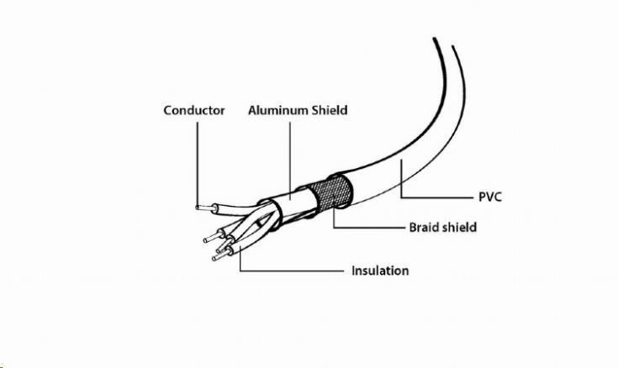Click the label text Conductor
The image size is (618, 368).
(194, 110)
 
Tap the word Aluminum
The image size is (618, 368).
(278, 110)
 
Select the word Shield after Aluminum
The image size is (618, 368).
(330, 110)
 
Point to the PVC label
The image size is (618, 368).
(490, 197)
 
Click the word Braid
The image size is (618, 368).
(422, 228)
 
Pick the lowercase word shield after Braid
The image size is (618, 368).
(458, 228)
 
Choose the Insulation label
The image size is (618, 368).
(380, 271)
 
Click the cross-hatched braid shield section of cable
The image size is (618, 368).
(330, 192)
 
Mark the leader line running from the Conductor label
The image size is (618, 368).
(197, 165)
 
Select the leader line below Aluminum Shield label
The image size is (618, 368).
(290, 160)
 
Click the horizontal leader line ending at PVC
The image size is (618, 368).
(436, 197)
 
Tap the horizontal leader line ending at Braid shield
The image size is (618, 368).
(369, 228)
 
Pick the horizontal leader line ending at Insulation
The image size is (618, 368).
(292, 271)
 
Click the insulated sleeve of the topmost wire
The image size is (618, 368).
(236, 209)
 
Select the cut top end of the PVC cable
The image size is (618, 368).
(443, 43)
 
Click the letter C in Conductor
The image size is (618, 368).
(168, 110)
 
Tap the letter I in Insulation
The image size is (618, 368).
(353, 271)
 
